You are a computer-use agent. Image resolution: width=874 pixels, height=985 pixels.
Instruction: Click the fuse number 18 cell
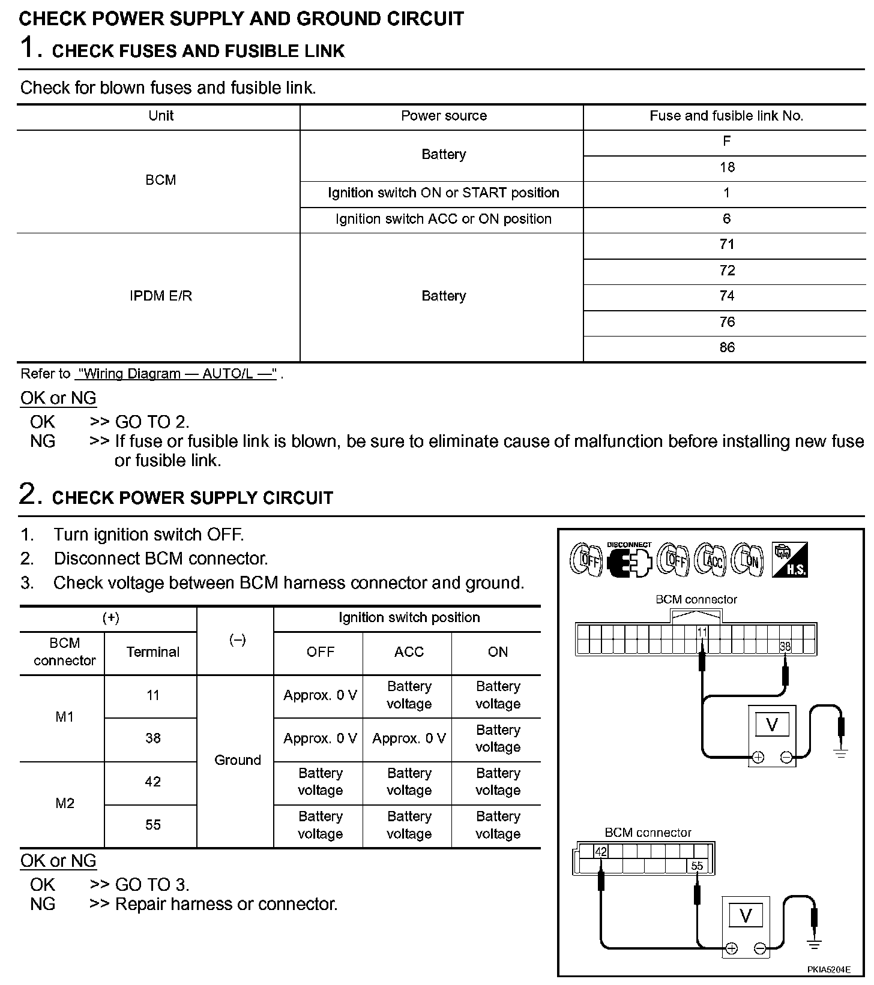[x=727, y=167]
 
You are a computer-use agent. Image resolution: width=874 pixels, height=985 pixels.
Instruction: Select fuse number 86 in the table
[x=727, y=347]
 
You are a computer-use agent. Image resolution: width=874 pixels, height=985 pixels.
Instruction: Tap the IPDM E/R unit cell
[x=161, y=296]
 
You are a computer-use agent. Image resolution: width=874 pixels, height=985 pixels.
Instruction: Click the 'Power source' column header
[x=444, y=116]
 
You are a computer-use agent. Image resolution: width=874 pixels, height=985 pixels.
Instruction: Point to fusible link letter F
[x=727, y=142]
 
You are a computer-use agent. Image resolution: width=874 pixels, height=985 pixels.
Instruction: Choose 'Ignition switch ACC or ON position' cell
[x=444, y=219]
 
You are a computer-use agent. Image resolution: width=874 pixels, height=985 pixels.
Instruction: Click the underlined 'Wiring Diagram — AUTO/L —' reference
[x=176, y=374]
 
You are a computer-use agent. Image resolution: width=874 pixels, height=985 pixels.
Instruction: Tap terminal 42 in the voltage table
[x=153, y=782]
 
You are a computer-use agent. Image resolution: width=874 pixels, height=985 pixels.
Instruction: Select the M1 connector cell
[x=64, y=717]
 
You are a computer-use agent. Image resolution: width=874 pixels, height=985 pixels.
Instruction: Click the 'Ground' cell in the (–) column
[x=238, y=760]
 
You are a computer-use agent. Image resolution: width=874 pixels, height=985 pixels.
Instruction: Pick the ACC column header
[x=409, y=652]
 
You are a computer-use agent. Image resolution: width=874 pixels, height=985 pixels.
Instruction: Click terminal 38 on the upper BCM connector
[x=785, y=647]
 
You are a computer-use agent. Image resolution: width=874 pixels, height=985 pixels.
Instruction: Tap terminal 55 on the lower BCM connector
[x=697, y=866]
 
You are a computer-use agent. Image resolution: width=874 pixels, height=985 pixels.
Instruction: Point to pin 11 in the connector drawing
[x=702, y=632]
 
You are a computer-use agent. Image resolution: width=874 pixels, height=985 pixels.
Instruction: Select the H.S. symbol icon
[x=789, y=560]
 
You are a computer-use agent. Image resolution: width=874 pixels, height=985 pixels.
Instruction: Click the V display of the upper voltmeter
[x=772, y=725]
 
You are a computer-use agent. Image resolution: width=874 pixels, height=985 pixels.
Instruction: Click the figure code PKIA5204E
[x=828, y=969]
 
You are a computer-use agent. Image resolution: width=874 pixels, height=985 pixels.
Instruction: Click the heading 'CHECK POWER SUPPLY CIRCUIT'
[x=192, y=498]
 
